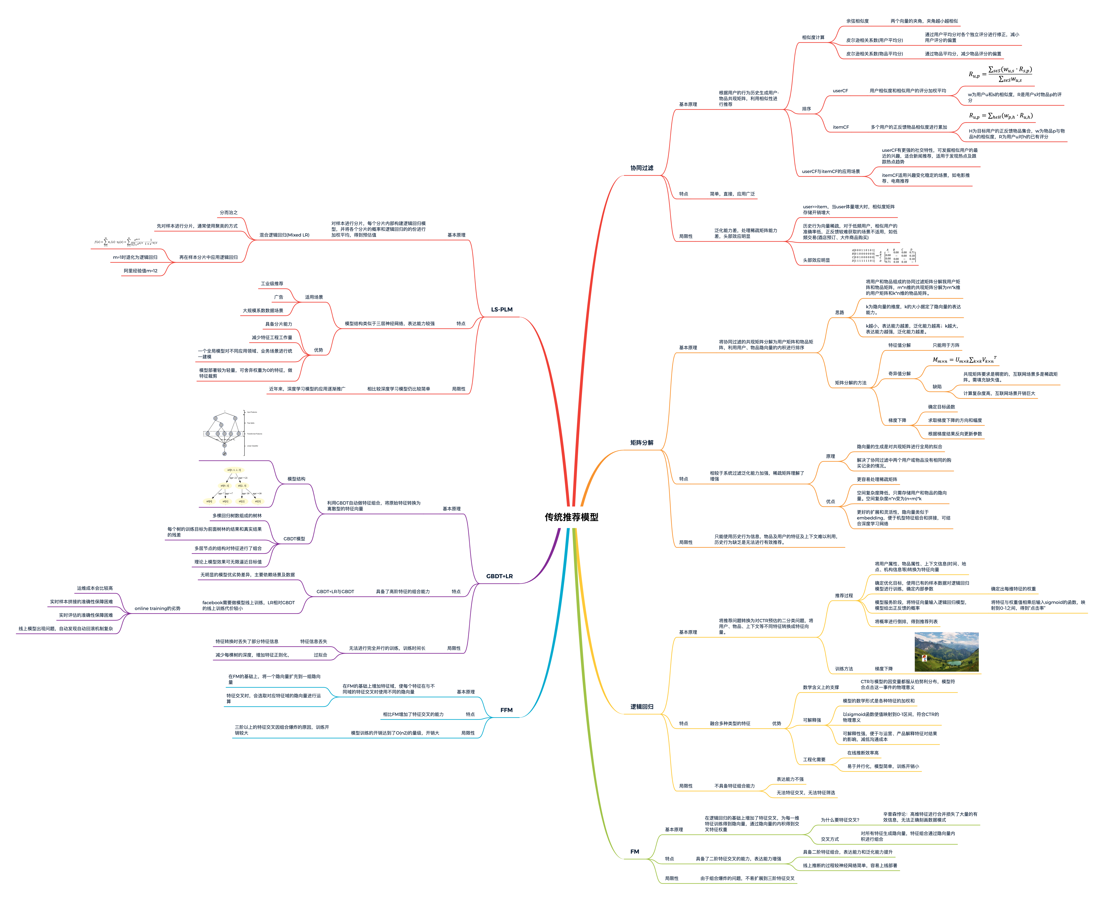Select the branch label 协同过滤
pyautogui.click(x=642, y=168)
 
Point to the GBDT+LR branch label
pyautogui.click(x=499, y=576)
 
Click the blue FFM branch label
pyautogui.click(x=506, y=710)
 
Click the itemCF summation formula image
pyautogui.click(x=1001, y=116)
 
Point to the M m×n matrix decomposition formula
pyautogui.click(x=964, y=359)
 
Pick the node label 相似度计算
pyautogui.click(x=813, y=37)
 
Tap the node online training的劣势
pyautogui.click(x=157, y=608)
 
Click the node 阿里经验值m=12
pyautogui.click(x=140, y=271)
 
